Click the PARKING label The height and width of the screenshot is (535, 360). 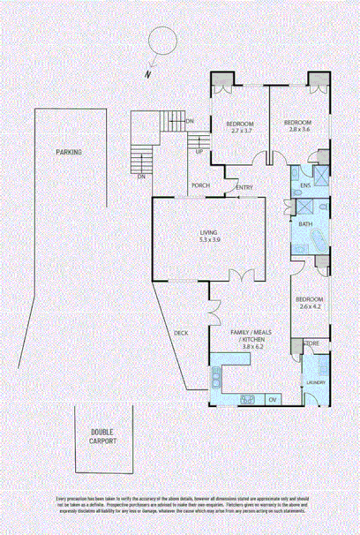[x=69, y=152]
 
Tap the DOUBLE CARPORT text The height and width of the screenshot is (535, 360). [x=102, y=435]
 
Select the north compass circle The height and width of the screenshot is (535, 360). [x=161, y=41]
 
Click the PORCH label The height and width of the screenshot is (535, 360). [x=200, y=185]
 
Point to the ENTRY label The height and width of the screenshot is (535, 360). [x=244, y=186]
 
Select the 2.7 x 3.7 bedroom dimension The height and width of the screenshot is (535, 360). [x=239, y=131]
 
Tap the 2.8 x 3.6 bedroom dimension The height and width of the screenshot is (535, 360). [x=298, y=129]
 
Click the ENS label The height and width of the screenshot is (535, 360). [x=305, y=186]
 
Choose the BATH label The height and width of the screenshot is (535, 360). [x=305, y=224]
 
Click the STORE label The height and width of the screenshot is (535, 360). [x=311, y=343]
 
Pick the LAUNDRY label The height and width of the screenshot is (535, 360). [x=315, y=382]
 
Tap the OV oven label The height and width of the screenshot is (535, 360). [x=273, y=400]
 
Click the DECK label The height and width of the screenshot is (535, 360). [x=181, y=333]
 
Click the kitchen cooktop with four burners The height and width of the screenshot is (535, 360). [x=247, y=399]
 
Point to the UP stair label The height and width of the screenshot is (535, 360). [x=199, y=151]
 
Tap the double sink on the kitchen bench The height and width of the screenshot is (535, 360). [x=214, y=381]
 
